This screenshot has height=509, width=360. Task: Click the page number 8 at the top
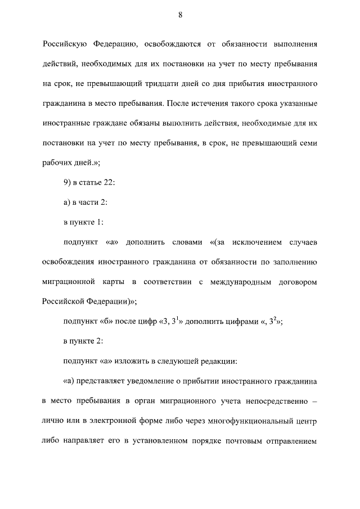click(x=180, y=15)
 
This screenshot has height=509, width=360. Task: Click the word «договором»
click(x=298, y=280)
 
